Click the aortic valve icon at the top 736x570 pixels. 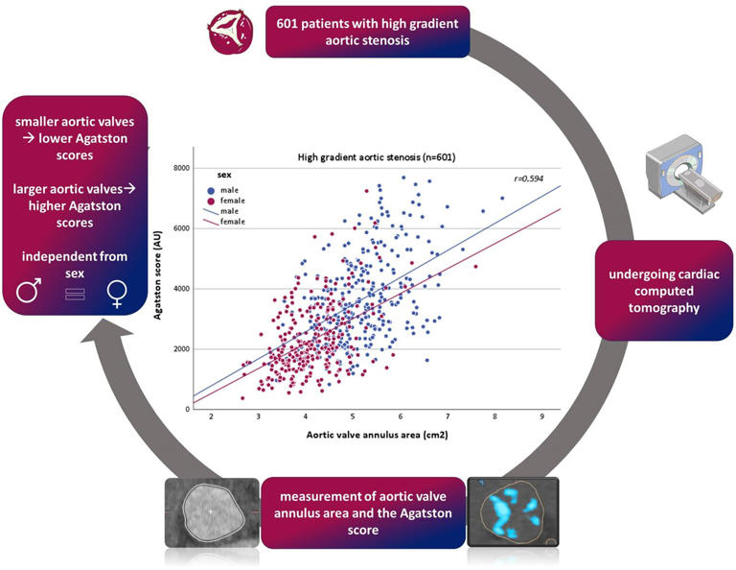click(230, 32)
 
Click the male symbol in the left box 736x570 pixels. click(30, 289)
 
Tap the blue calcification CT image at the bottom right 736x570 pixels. click(514, 513)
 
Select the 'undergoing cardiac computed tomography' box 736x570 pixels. click(663, 290)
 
